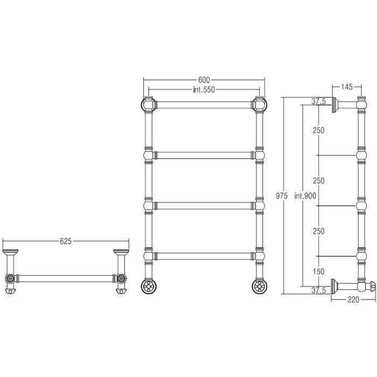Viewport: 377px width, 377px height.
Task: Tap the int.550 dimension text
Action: coord(204,90)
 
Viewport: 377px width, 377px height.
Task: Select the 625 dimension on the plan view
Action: coord(66,241)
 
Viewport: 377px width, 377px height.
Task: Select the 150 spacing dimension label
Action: coord(319,271)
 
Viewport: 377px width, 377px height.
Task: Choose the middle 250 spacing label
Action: coord(319,180)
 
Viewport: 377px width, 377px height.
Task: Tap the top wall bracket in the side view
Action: coord(335,106)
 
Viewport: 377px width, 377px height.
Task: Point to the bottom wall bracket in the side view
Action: coord(334,285)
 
